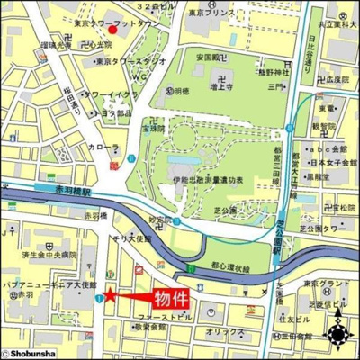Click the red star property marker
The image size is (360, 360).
click(110, 294)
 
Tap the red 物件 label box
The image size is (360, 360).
click(168, 298)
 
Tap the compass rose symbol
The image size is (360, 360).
click(339, 336)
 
